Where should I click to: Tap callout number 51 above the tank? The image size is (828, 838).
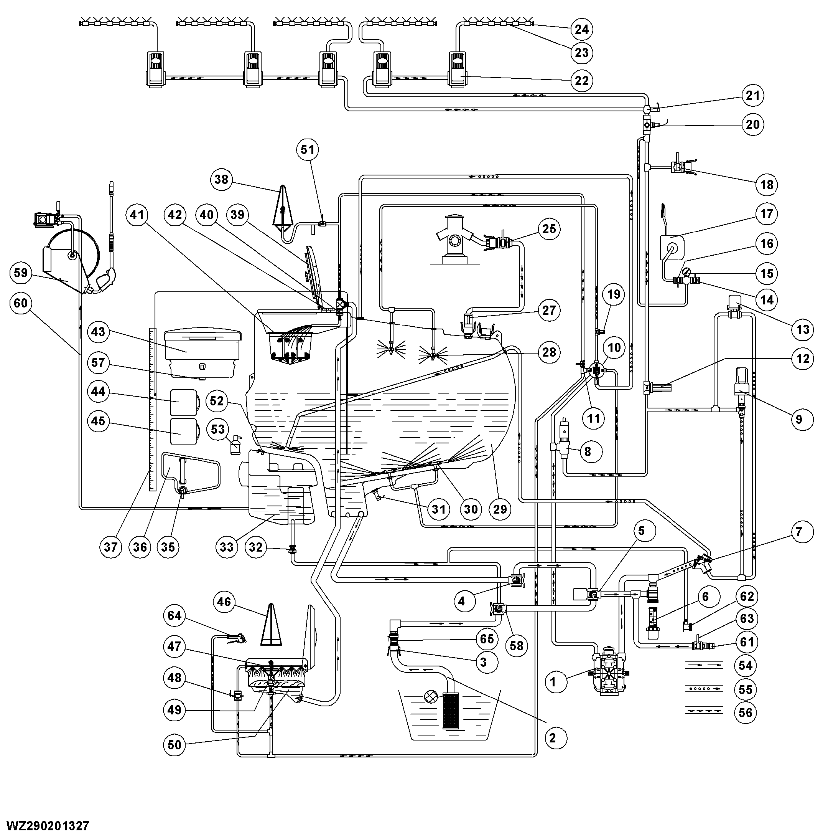tap(308, 149)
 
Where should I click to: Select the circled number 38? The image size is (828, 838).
tap(221, 179)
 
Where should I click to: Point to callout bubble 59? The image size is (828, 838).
tap(21, 273)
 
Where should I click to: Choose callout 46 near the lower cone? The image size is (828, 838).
tap(224, 602)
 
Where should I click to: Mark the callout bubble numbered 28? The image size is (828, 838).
tap(549, 352)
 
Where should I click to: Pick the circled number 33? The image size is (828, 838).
tap(227, 547)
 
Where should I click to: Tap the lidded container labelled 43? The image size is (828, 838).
tap(203, 352)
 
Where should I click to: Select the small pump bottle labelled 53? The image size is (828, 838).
tap(235, 445)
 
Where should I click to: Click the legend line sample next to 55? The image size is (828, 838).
tap(704, 688)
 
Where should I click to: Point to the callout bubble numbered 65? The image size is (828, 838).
tap(487, 639)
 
